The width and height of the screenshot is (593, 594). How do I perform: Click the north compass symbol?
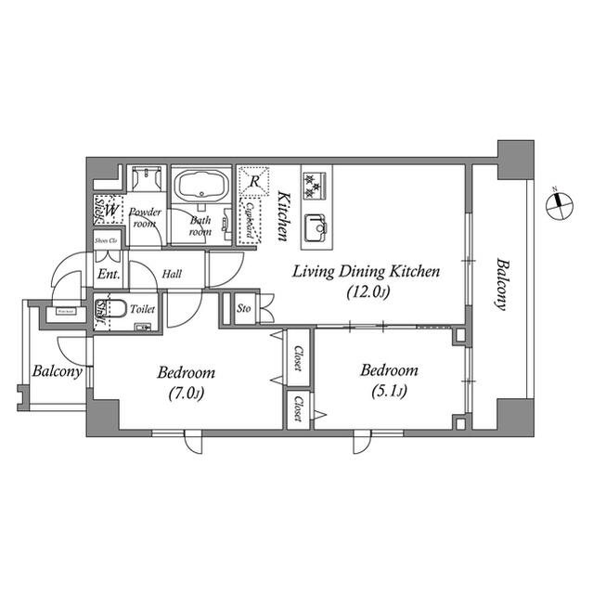pos(558,204)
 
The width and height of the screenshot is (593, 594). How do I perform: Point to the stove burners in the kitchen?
pos(314,185)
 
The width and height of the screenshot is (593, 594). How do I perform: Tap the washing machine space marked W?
pos(110,212)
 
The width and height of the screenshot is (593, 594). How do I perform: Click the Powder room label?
pos(146,218)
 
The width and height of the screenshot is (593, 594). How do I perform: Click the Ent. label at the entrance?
pos(108,276)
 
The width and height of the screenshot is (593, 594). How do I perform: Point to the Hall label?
pos(173,275)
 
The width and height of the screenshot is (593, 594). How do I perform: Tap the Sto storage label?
pos(244,308)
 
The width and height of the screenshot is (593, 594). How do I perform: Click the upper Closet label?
pos(298,358)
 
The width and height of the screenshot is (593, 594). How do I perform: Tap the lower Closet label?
pos(298,409)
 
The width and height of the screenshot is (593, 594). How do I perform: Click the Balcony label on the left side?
pos(57,371)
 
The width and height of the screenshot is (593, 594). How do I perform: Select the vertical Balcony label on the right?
pos(501,284)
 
